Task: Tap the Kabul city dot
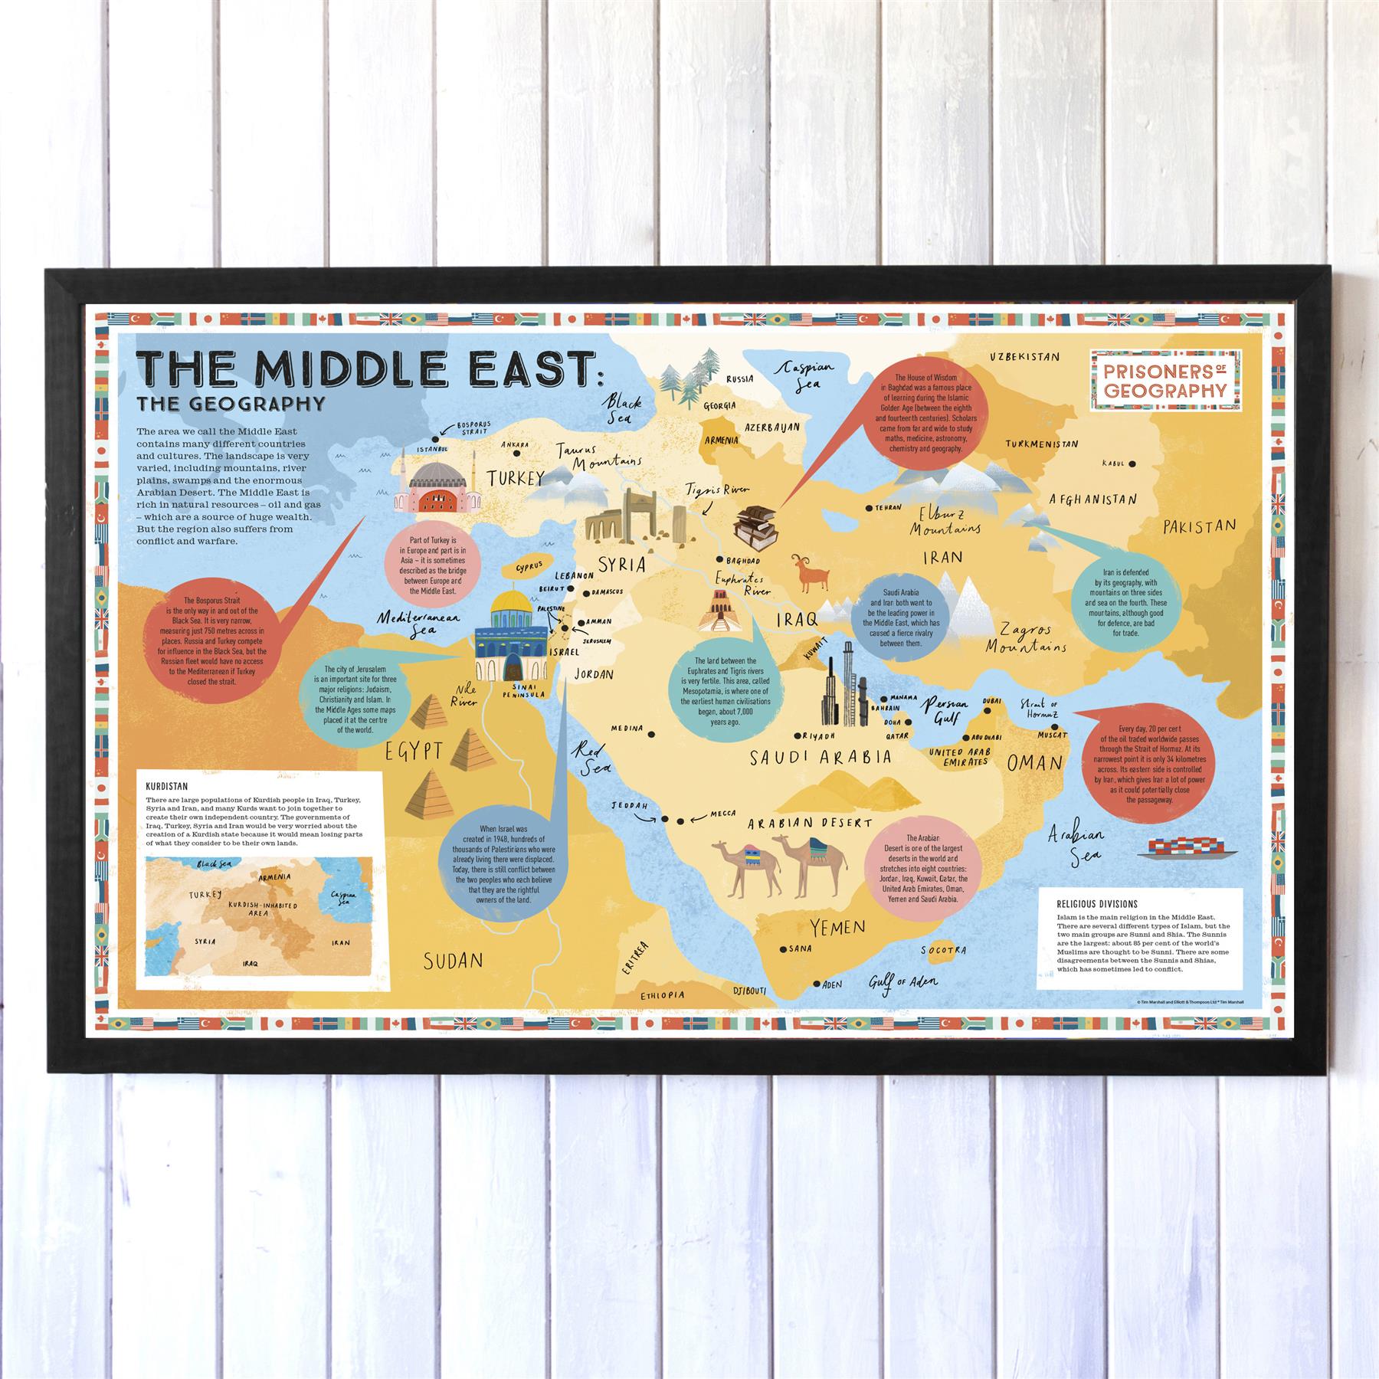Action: (1132, 463)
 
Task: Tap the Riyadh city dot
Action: (797, 735)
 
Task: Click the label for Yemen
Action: (837, 928)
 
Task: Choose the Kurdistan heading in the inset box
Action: (167, 786)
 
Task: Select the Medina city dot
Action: (651, 734)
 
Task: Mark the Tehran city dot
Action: (869, 507)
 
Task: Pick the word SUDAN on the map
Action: (453, 960)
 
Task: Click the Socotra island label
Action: (943, 951)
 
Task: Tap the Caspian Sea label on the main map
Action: (801, 375)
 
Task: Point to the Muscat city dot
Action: (1055, 726)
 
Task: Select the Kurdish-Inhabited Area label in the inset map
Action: (263, 909)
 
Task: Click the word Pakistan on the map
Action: (1199, 527)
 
